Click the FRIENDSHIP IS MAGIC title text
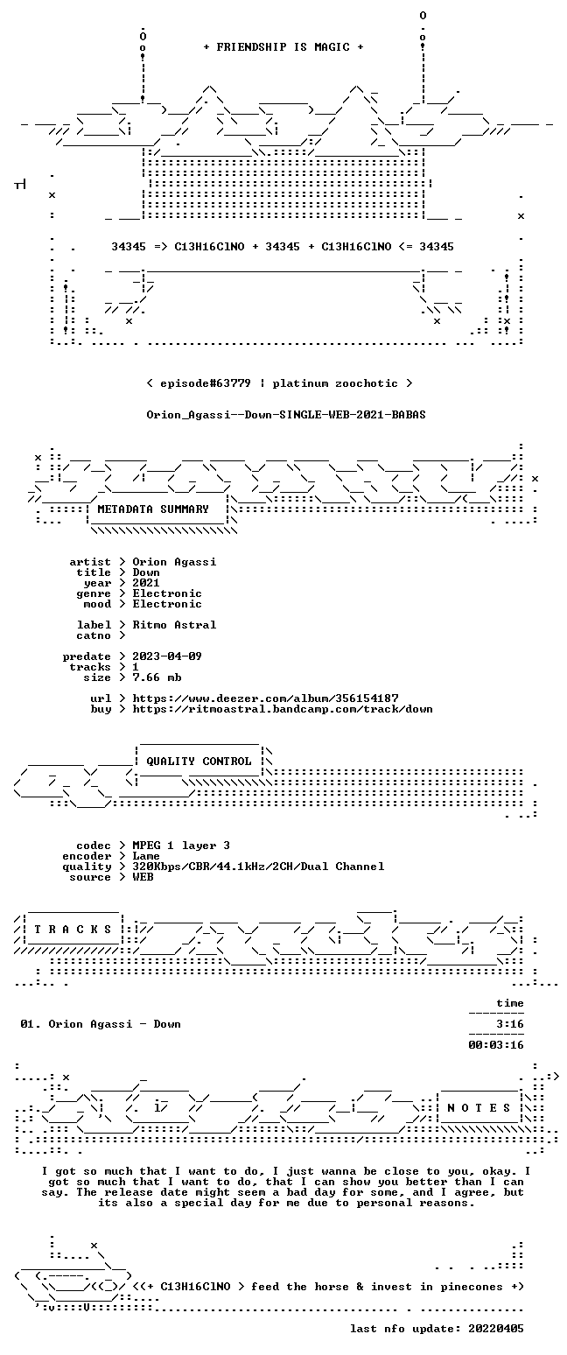(x=283, y=47)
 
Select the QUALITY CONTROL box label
(x=199, y=762)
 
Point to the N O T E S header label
(x=479, y=1107)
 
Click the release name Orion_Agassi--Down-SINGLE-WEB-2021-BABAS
(x=286, y=415)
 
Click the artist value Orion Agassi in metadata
(x=174, y=562)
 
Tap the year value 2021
(x=146, y=583)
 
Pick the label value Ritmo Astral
(x=174, y=625)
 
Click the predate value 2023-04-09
(x=167, y=656)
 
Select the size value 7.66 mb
(x=157, y=677)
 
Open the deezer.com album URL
(x=265, y=699)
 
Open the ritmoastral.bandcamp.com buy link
(x=283, y=709)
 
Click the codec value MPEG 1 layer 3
(x=181, y=846)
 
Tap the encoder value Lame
(x=146, y=856)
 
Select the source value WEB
(x=143, y=877)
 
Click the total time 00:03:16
(x=495, y=1044)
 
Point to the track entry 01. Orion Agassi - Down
(x=101, y=1024)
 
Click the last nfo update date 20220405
(x=495, y=1329)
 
